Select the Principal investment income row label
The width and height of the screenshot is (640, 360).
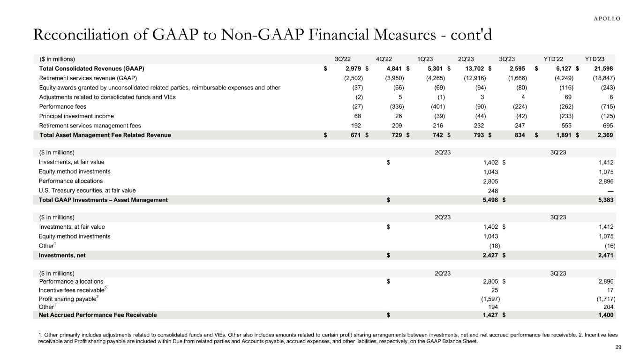tap(76, 116)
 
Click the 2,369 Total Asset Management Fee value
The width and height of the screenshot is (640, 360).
tap(605, 135)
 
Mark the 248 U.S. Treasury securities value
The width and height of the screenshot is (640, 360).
tap(492, 190)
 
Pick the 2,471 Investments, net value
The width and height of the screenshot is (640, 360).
tap(606, 255)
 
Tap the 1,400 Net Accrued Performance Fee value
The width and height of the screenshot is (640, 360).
tap(606, 315)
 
